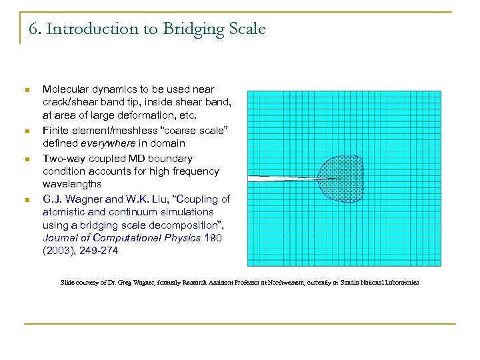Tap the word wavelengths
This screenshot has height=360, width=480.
pos(72,183)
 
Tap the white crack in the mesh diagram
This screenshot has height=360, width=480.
pos(280,179)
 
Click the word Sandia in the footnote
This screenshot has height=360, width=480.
pos(347,283)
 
